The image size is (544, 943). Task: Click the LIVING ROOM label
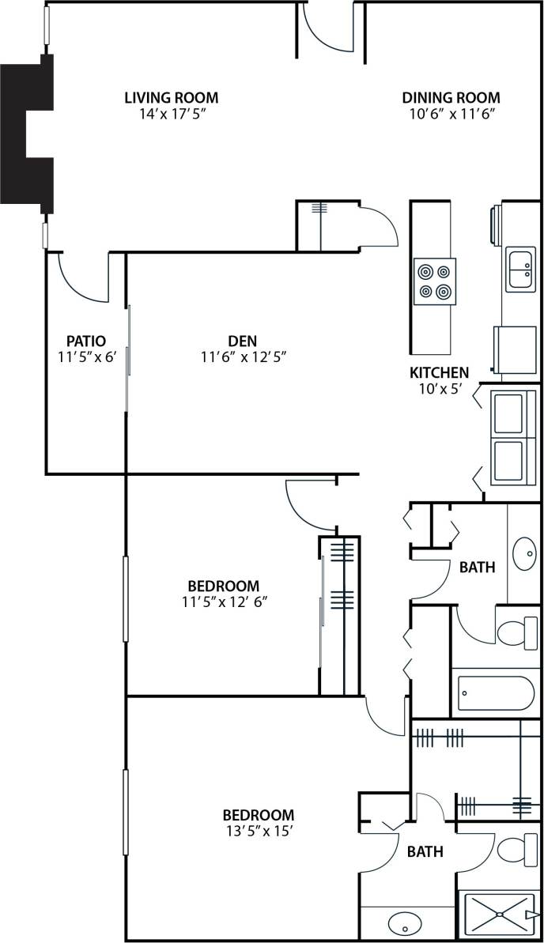[x=171, y=98]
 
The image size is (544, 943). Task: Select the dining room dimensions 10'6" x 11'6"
[x=451, y=114]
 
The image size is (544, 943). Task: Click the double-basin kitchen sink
[x=520, y=269]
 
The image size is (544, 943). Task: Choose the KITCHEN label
[x=439, y=372]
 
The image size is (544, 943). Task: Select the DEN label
[x=242, y=341]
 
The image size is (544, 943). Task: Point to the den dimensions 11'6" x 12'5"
[x=243, y=356]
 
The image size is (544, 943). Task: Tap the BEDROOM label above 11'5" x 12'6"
[x=223, y=586]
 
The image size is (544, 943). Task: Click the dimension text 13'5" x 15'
[x=258, y=831]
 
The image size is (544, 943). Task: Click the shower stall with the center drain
[x=499, y=915]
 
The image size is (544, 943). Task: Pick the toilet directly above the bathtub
[x=518, y=632]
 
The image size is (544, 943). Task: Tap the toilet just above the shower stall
[x=518, y=849]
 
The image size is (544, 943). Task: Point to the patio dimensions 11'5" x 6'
[x=87, y=356]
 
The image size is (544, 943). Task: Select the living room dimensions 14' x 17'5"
[x=172, y=114]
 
